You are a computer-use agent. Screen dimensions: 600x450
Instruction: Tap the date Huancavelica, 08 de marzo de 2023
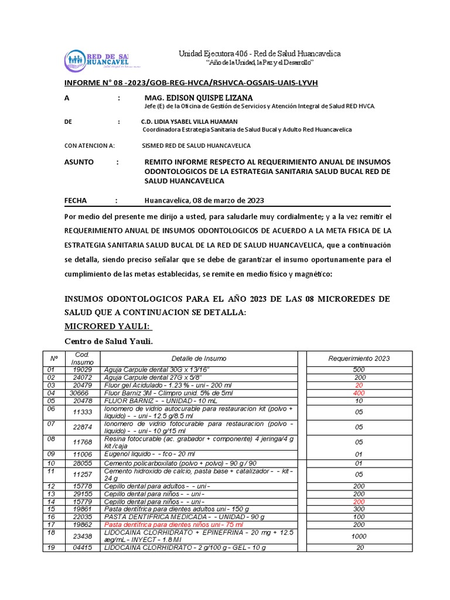pos(204,200)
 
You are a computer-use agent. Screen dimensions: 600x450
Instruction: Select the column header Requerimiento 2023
pos(359,359)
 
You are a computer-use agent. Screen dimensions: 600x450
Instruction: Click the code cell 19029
pos(82,370)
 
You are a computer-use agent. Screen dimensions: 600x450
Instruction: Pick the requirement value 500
pos(359,370)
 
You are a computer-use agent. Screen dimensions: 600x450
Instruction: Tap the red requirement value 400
pos(359,393)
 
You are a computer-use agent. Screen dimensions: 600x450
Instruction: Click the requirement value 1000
pos(359,536)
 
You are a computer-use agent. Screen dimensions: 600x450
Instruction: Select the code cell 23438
pos(82,536)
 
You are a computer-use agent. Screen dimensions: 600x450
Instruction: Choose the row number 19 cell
pos(51,547)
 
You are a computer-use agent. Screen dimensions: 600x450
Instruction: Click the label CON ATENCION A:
pos(90,145)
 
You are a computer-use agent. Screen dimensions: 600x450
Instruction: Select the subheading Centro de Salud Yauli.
pos(108,342)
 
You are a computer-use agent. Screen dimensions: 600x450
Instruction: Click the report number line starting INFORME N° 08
pos(190,83)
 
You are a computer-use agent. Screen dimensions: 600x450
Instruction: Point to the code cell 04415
pos(82,547)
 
